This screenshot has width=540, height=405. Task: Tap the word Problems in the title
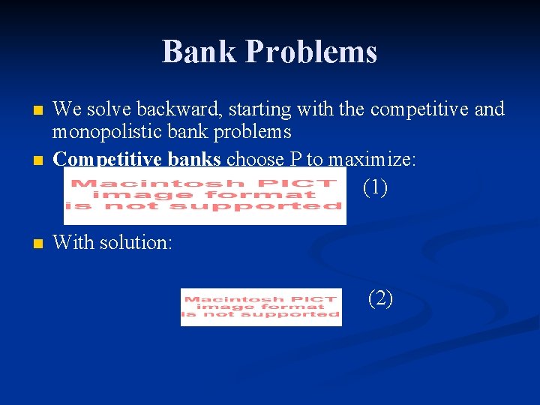(311, 52)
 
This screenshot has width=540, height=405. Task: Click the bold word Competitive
(100, 159)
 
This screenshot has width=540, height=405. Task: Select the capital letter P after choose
(292, 159)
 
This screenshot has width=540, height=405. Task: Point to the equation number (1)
(375, 187)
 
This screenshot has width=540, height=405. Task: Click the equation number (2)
(380, 298)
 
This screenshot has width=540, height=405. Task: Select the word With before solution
(71, 242)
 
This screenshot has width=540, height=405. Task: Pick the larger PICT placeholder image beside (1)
(205, 196)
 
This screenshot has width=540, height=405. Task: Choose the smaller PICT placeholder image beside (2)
(261, 307)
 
